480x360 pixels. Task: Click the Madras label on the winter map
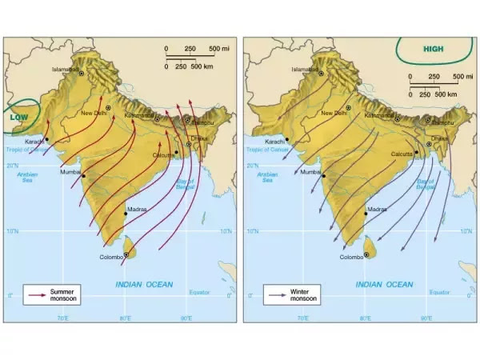[377, 210]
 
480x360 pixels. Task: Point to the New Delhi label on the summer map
[94, 113]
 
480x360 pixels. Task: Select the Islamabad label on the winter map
[305, 70]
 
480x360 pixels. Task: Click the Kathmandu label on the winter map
[379, 115]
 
